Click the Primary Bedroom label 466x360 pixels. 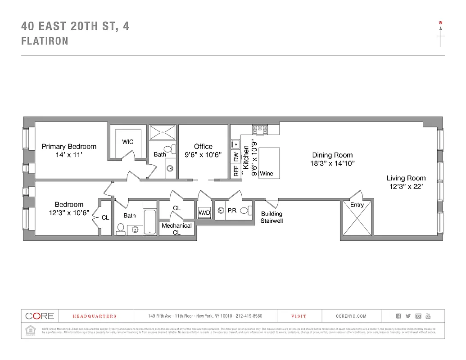(69, 147)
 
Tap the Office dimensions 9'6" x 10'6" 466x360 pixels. (203, 155)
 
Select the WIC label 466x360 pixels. (128, 142)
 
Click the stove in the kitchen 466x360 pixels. (260, 129)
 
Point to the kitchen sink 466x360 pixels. (235, 144)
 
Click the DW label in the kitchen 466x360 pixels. (236, 157)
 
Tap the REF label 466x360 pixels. (236, 171)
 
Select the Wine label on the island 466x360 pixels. (267, 173)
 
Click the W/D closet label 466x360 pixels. (204, 212)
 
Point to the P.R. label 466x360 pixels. (232, 210)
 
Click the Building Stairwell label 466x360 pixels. (271, 217)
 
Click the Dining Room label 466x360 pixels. (332, 155)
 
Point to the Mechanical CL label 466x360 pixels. (176, 229)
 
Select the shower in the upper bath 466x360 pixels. (162, 132)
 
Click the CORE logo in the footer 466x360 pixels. (40, 316)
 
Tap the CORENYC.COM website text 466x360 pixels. (351, 316)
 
